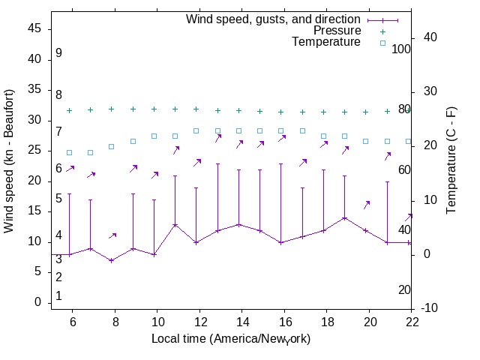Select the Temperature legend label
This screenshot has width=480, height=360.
pos(326,43)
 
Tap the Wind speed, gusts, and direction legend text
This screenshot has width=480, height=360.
pos(273,19)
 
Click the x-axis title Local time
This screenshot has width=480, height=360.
pos(231,339)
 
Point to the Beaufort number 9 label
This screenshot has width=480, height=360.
pos(58,53)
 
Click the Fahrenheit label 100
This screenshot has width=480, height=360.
pos(402,49)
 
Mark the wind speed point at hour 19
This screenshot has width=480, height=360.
pos(344,218)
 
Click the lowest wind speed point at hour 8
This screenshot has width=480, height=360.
pos(112,260)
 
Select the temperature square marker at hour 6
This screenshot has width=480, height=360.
pos(70,152)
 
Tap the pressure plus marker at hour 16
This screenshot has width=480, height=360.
pos(281,112)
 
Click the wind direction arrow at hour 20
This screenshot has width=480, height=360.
pos(367,204)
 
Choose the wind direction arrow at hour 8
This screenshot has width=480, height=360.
pos(112,235)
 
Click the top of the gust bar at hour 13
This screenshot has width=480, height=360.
pos(217,163)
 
